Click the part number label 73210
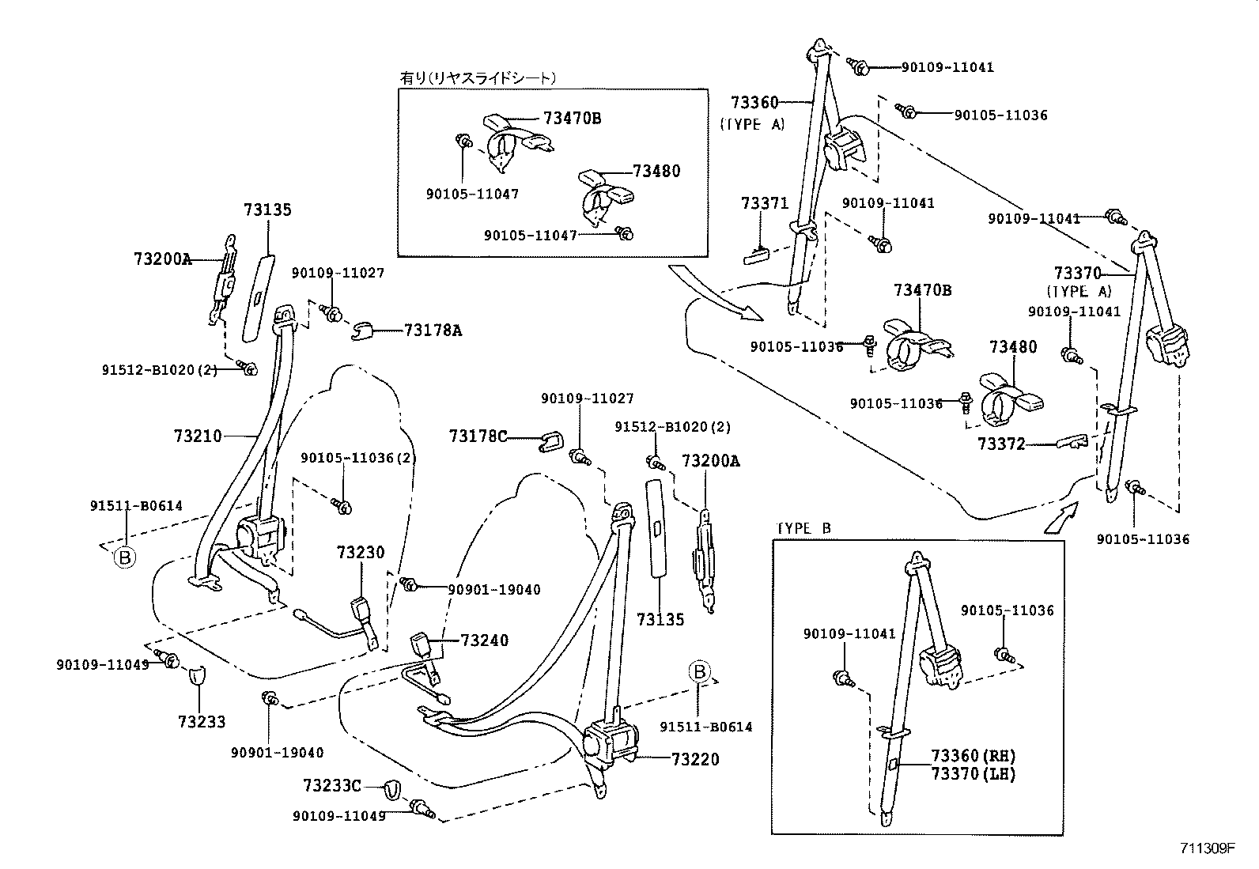(x=198, y=436)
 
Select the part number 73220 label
(x=695, y=760)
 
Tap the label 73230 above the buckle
(x=361, y=553)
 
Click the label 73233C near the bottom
(x=331, y=786)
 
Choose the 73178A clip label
(x=433, y=331)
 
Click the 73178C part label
(x=478, y=436)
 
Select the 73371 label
(x=765, y=204)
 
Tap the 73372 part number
(x=1000, y=444)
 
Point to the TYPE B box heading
(x=803, y=529)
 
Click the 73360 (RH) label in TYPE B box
(x=973, y=756)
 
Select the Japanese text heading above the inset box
(x=478, y=77)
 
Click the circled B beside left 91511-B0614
(x=124, y=557)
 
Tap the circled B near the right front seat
(x=699, y=672)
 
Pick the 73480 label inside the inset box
(x=656, y=171)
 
